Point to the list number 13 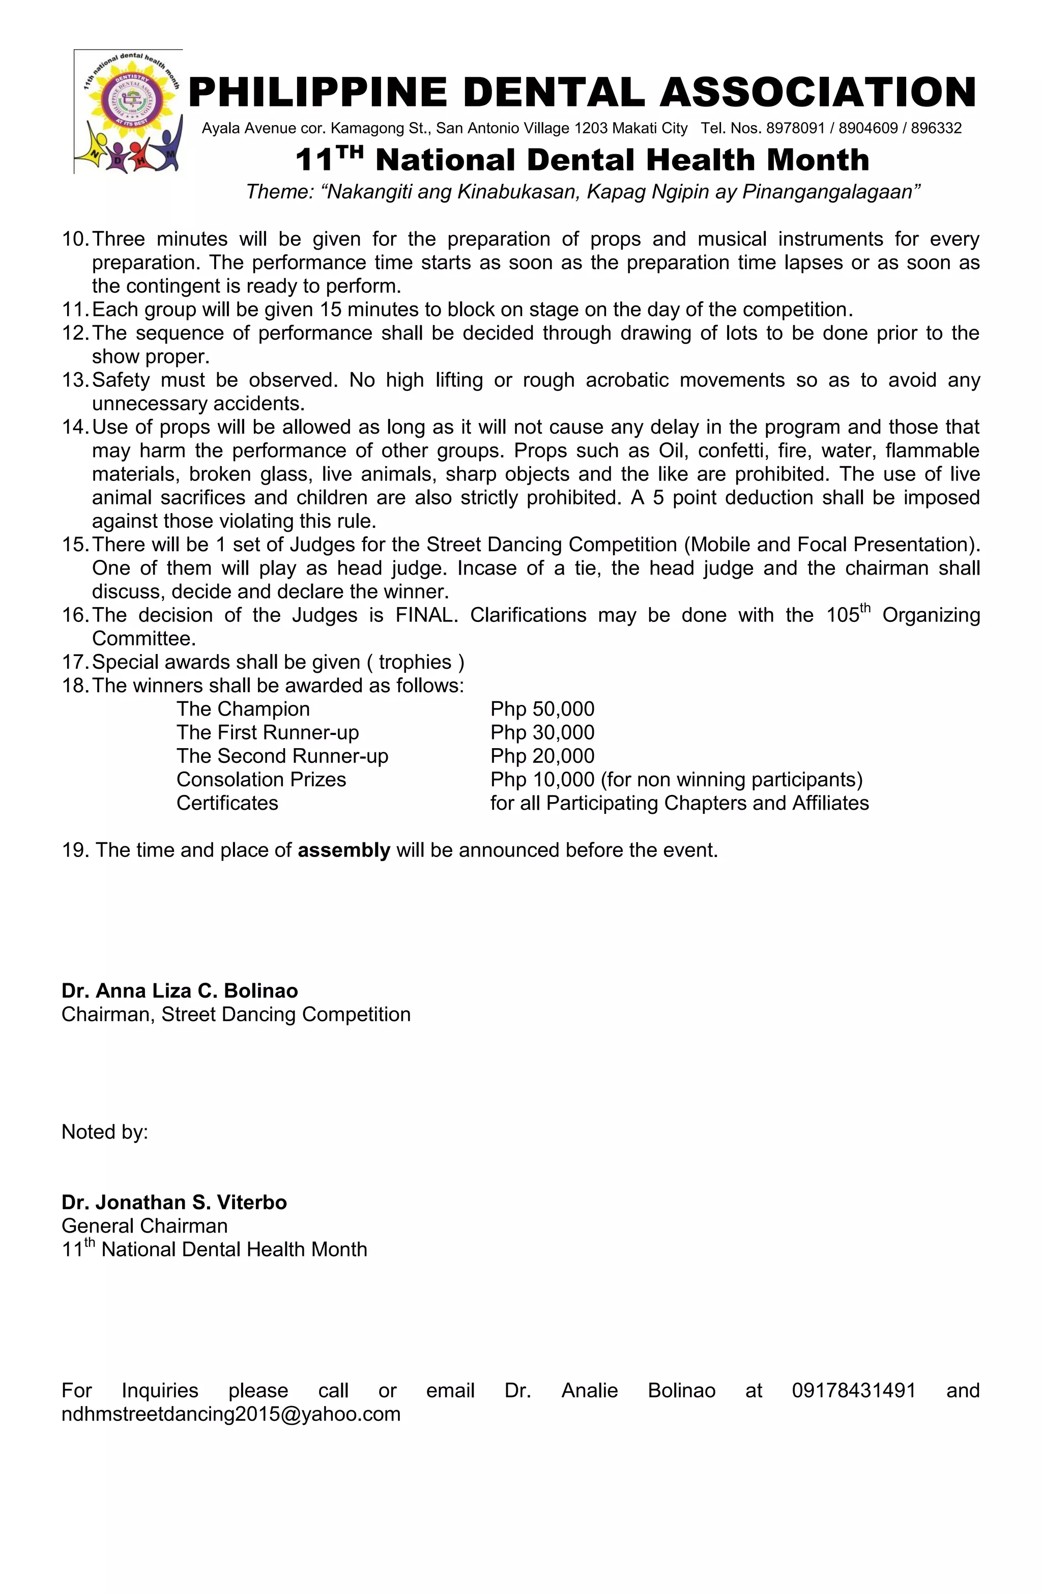pos(75,380)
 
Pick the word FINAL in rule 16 pos(426,615)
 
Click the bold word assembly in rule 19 pos(343,850)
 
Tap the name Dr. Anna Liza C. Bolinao pos(180,990)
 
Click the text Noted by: pos(104,1132)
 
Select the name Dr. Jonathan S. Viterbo pos(174,1202)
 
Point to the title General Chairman pos(144,1226)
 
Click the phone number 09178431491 pos(853,1390)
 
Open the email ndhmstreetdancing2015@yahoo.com pos(231,1414)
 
